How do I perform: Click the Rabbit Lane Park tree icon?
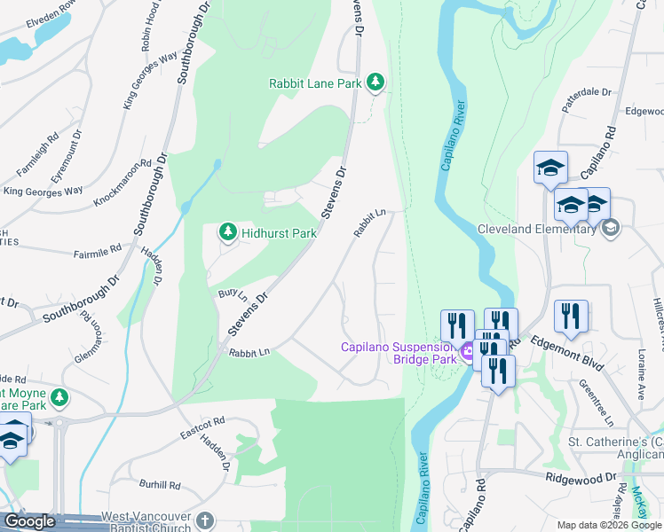coord(376,82)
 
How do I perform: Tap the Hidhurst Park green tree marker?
coord(228,232)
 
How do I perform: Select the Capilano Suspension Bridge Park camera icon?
coord(466,353)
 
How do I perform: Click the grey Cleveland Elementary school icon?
coord(610,229)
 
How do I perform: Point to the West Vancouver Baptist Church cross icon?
coord(204,520)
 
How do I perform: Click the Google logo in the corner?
coord(29,521)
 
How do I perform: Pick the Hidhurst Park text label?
coord(280,233)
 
